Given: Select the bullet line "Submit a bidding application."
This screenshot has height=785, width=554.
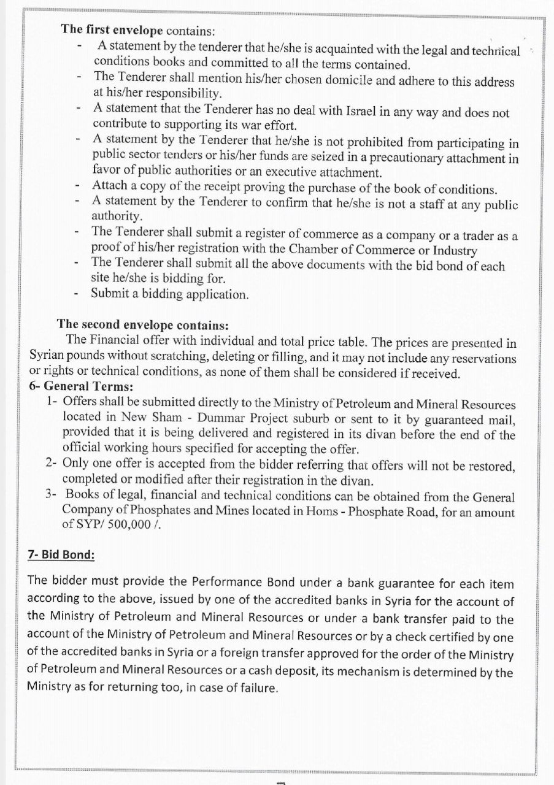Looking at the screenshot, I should (x=170, y=294).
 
